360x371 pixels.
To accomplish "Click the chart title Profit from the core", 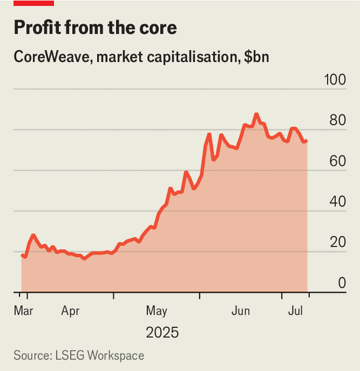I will click(x=94, y=27).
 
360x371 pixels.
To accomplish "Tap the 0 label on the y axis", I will click(x=342, y=283).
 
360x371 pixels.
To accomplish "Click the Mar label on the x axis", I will click(x=23, y=310).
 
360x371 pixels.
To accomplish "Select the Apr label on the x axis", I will click(x=70, y=310).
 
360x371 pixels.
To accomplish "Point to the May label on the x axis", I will click(x=157, y=310).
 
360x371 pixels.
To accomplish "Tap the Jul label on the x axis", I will click(x=295, y=310).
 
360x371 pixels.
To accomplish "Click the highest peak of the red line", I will click(x=256, y=114).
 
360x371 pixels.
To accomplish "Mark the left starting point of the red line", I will click(x=22, y=255).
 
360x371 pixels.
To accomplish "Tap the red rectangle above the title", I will click(x=33, y=3).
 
